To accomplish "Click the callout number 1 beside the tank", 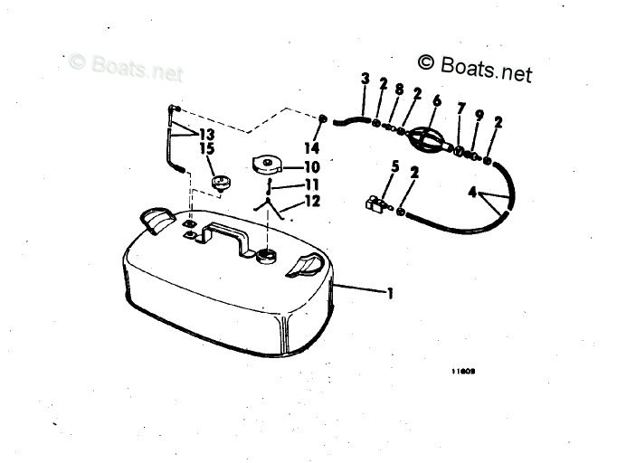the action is click(x=390, y=293).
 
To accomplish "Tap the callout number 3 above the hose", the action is click(x=365, y=80).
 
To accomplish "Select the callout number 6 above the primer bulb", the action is click(x=436, y=100).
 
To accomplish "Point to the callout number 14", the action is click(x=312, y=146).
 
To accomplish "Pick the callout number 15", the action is click(x=207, y=148).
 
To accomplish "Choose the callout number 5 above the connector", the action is click(x=394, y=165).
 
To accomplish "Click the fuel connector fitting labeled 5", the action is click(x=375, y=204).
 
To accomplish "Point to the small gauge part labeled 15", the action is click(x=221, y=183).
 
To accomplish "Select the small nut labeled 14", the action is click(x=324, y=119).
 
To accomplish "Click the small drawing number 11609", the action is click(x=463, y=369).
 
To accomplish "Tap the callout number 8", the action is click(x=399, y=89).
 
